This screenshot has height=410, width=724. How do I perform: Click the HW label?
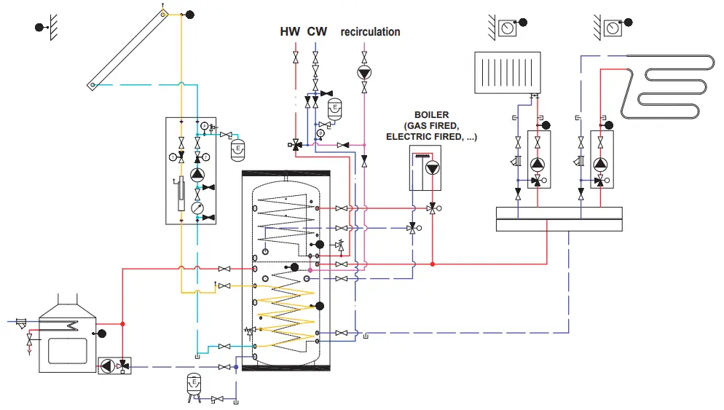pyautogui.click(x=290, y=32)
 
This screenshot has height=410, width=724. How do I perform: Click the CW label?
pyautogui.click(x=317, y=32)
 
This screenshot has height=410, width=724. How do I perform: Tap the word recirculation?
pyautogui.click(x=370, y=32)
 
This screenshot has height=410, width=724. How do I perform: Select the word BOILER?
pyautogui.click(x=431, y=115)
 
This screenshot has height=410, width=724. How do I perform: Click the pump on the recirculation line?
pyautogui.click(x=363, y=71)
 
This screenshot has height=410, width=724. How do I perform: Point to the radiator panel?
pyautogui.click(x=507, y=72)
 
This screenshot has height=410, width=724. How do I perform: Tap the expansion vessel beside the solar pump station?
pyautogui.click(x=236, y=149)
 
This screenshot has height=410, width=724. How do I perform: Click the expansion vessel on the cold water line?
pyautogui.click(x=334, y=109)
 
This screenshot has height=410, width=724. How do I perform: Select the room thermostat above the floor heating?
pyautogui.click(x=613, y=28)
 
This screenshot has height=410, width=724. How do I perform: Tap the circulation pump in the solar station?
pyautogui.click(x=197, y=175)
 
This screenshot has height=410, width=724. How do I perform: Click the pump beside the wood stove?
pyautogui.click(x=108, y=366)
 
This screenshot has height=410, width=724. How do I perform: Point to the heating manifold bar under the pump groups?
pyautogui.click(x=559, y=219)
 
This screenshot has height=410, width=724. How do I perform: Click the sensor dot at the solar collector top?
pyautogui.click(x=189, y=14)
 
